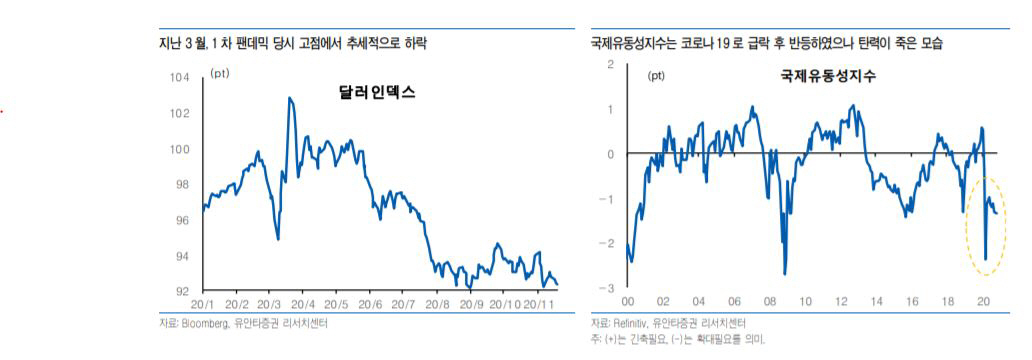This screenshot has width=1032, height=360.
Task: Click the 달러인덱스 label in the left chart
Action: tap(377, 93)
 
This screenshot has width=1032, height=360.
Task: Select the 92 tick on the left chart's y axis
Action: tap(183, 291)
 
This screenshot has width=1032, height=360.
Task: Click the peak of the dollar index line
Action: tap(289, 98)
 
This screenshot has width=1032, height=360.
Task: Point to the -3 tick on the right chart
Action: tap(608, 288)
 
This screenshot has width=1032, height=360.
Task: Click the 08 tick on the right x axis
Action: tap(769, 301)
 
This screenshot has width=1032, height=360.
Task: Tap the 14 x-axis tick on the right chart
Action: tap(876, 301)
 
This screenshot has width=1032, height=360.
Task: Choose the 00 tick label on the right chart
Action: tap(627, 301)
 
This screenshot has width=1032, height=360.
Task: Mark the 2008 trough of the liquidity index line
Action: tap(784, 273)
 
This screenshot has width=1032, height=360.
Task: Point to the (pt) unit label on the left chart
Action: tap(220, 74)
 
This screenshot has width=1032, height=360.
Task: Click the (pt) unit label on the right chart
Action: tap(656, 75)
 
